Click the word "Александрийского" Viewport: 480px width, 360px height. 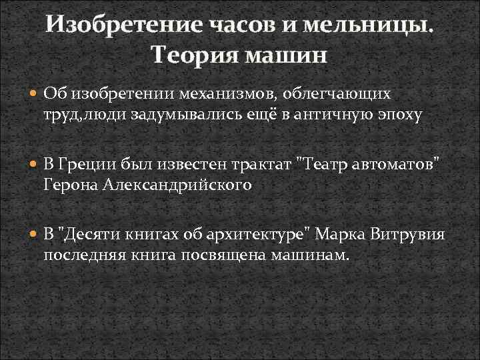point(177,184)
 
